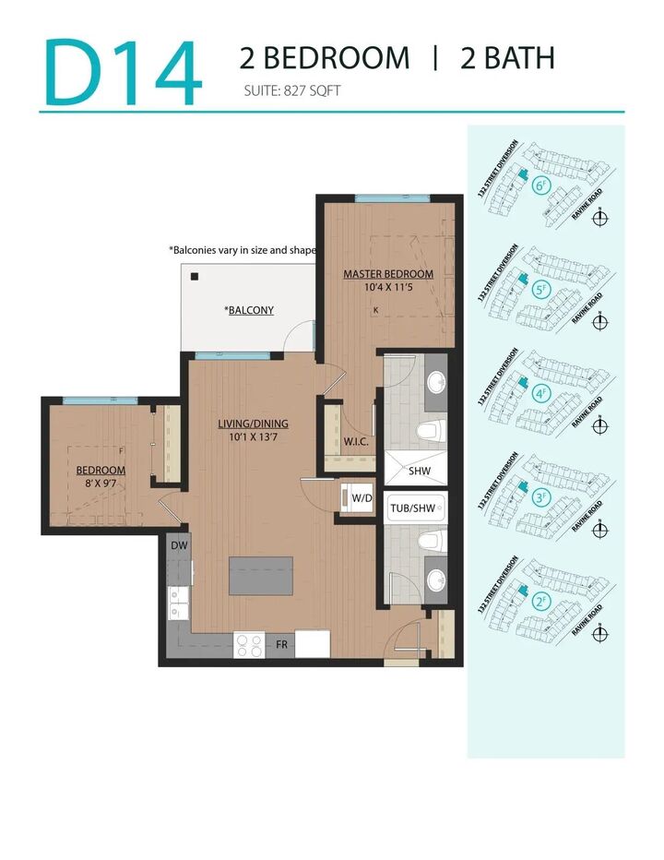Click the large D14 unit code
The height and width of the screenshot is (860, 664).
click(122, 71)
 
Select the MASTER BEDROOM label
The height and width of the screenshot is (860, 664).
click(388, 274)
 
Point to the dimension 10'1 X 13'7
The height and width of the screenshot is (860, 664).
click(253, 437)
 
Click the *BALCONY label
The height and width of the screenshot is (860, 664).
click(249, 310)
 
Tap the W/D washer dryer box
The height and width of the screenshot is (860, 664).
click(362, 498)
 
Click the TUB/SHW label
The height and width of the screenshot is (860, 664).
click(414, 508)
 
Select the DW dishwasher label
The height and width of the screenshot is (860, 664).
click(178, 546)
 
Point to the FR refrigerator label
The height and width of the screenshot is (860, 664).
click(282, 645)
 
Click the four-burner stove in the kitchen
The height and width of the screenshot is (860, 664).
click(248, 644)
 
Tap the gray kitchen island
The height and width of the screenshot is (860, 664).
click(261, 576)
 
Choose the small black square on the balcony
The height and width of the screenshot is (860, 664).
click(195, 275)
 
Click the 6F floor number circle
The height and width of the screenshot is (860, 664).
click(542, 186)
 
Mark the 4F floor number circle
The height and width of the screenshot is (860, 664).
click(542, 394)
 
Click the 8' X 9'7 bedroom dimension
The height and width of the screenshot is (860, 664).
click(101, 483)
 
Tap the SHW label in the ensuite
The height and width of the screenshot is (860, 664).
click(419, 471)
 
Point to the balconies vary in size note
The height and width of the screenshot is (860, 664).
click(242, 250)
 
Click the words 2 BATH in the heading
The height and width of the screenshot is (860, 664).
click(507, 58)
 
